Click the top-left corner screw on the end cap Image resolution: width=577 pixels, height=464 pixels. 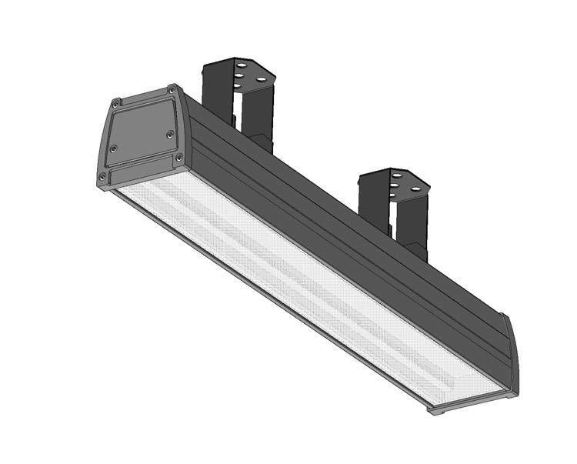(115, 102)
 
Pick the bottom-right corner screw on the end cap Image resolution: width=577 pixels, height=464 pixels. (180, 158)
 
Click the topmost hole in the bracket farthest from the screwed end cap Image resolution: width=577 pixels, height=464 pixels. (397, 176)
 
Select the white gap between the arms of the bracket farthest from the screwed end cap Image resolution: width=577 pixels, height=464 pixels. (393, 223)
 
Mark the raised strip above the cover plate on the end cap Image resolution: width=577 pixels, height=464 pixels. (145, 96)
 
